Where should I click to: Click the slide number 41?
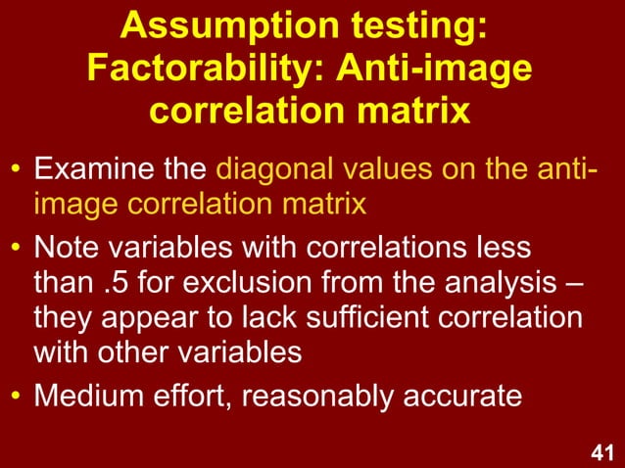coord(602,452)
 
